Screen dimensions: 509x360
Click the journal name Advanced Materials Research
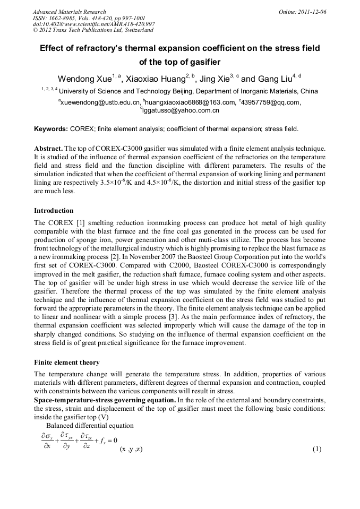[69, 12]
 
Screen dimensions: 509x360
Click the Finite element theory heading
[67, 363]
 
